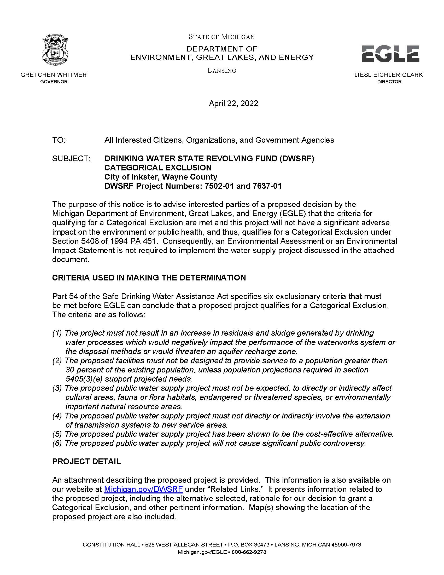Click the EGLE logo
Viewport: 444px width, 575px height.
[390, 54]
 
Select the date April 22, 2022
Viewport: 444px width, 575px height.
[233, 103]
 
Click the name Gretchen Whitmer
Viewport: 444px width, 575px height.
[54, 75]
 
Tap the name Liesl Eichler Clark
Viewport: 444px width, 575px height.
[389, 75]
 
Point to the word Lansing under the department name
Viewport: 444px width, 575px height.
[222, 71]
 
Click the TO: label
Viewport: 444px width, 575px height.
[59, 140]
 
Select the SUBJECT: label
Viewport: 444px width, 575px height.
[71, 158]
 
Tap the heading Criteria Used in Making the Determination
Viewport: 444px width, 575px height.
[149, 278]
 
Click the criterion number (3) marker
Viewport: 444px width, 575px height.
[57, 388]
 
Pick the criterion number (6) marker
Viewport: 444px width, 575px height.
[57, 443]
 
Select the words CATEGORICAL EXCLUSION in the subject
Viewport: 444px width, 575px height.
[158, 168]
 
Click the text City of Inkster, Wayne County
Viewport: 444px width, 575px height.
[161, 177]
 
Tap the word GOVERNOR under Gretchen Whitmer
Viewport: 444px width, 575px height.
[54, 82]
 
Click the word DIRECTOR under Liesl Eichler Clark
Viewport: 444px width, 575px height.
[389, 82]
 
